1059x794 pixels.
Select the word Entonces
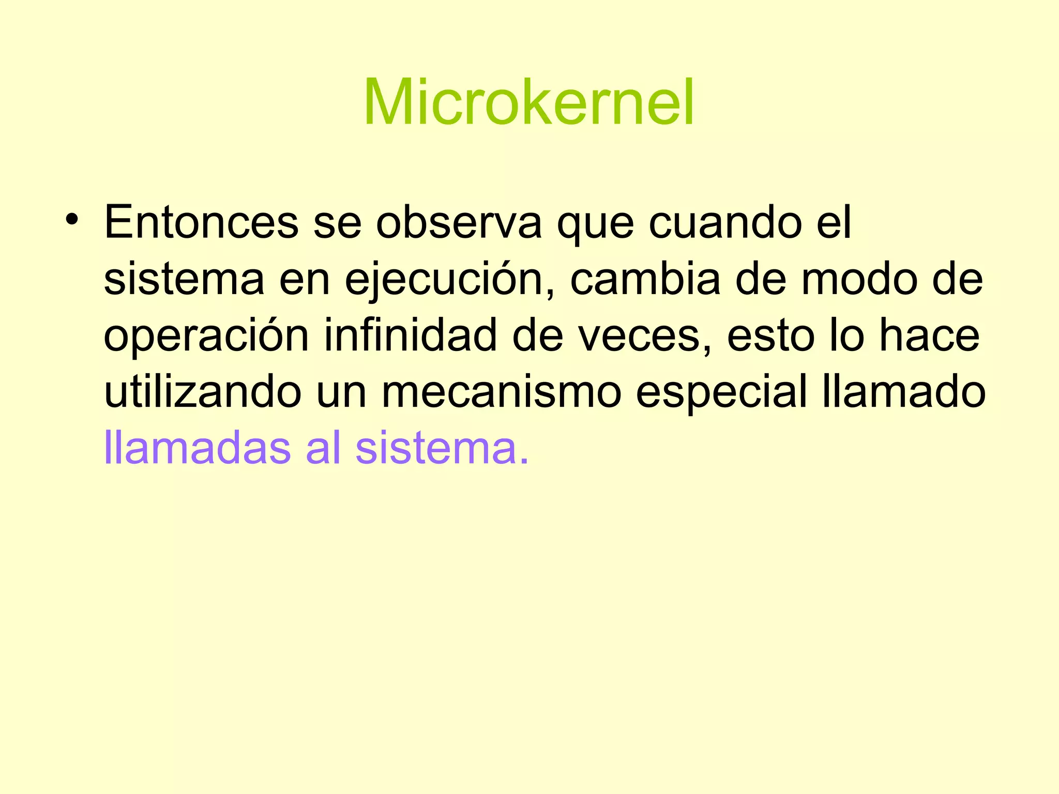pyautogui.click(x=201, y=222)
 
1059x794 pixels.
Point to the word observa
pyautogui.click(x=459, y=222)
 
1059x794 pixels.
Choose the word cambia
pyautogui.click(x=645, y=279)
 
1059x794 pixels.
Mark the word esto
pyautogui.click(x=770, y=336)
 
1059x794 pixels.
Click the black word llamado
pyautogui.click(x=904, y=392)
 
